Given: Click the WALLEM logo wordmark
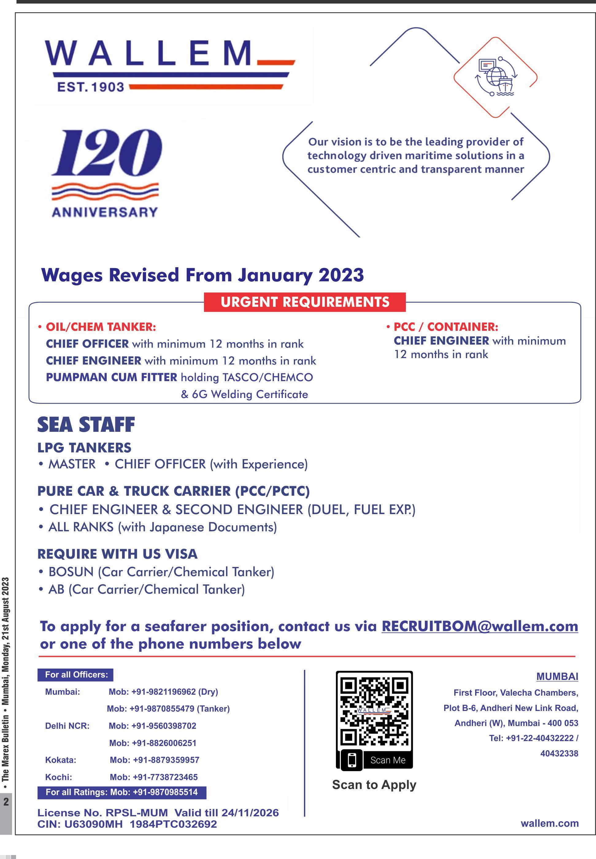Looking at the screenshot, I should (x=149, y=53).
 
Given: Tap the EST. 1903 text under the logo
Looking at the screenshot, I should (x=90, y=87).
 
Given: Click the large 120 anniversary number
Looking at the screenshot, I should (x=106, y=153).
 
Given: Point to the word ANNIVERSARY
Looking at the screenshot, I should (x=105, y=212).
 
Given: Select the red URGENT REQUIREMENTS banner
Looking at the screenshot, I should (x=304, y=302).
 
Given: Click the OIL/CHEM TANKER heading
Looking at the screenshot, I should (x=100, y=327).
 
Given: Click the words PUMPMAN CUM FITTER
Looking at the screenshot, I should (x=111, y=377).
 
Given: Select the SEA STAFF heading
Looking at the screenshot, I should (x=86, y=425).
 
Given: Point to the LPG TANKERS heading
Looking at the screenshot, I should (x=84, y=448).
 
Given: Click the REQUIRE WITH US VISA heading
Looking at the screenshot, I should (x=117, y=554).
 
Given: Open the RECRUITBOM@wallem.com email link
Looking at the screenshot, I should (x=479, y=627).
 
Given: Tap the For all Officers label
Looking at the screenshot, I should (x=76, y=675).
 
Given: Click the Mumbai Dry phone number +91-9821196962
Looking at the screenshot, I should (x=163, y=692).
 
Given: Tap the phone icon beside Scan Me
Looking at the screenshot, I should (x=352, y=760).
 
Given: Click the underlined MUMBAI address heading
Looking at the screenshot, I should (x=557, y=677).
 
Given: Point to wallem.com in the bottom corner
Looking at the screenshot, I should (x=549, y=823).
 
